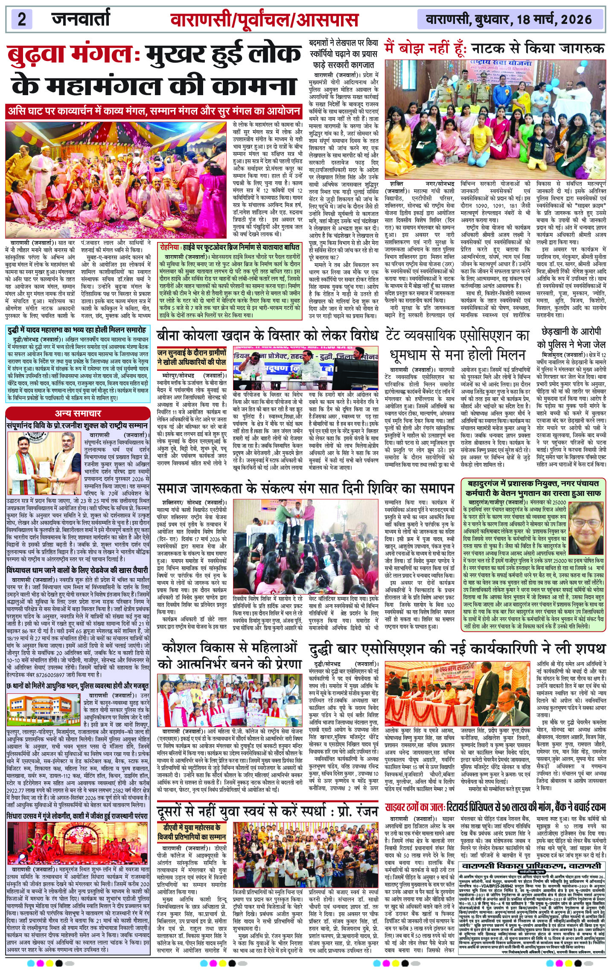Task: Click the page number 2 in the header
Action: coord(22,19)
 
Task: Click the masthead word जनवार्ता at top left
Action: coord(81,19)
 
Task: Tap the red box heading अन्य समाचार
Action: coord(78,413)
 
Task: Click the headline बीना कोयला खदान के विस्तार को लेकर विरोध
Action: coord(267,335)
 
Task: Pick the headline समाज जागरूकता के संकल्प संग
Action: coord(305,488)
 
